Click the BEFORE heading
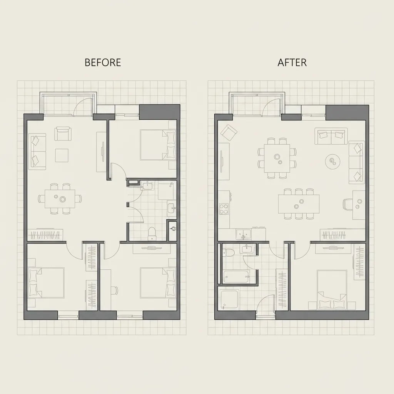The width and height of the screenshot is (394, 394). [x=103, y=62]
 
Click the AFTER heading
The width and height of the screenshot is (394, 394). [x=292, y=62]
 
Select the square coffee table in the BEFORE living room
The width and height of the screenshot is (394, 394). [x=62, y=155]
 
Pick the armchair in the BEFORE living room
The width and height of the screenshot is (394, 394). [x=63, y=134]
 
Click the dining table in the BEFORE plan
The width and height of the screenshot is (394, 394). [x=60, y=199]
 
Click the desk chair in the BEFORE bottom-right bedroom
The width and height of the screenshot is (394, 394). [x=114, y=290]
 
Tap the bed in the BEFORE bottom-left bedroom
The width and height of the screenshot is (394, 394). [x=46, y=283]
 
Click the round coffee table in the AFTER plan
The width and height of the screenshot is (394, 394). [x=332, y=161]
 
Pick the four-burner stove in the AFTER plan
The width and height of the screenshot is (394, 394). [x=223, y=209]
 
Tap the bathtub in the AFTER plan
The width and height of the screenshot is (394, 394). [x=236, y=277]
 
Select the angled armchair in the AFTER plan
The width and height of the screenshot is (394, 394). [x=229, y=132]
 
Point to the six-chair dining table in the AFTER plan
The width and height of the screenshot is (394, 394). [x=277, y=158]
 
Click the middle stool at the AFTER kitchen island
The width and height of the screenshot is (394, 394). [x=299, y=192]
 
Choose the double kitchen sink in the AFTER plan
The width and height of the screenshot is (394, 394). [x=243, y=233]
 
